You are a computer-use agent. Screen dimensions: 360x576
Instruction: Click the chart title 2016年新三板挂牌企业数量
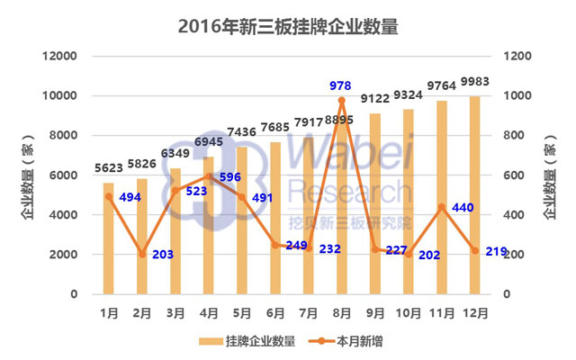click(287, 26)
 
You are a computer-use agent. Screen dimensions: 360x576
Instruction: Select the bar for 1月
click(109, 238)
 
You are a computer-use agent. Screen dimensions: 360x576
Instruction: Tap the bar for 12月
click(474, 194)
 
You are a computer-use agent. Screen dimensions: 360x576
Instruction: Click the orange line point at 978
click(342, 100)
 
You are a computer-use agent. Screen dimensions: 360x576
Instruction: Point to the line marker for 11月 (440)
click(441, 207)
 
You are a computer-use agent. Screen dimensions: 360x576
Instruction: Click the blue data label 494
click(131, 197)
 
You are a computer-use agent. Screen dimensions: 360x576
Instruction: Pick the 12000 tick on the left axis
click(62, 56)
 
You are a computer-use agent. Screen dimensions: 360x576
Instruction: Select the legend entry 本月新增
click(346, 341)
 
